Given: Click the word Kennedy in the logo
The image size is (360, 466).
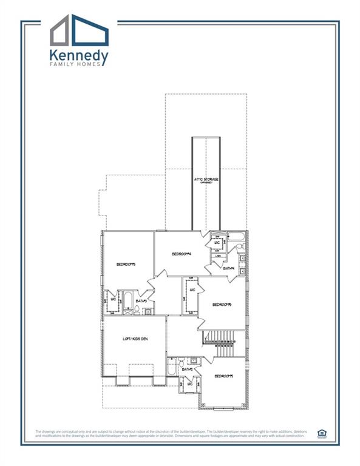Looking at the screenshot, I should [x=79, y=57].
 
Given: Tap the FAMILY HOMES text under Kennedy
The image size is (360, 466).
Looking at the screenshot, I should [x=79, y=67].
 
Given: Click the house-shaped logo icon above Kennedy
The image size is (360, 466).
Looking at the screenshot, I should [x=79, y=31].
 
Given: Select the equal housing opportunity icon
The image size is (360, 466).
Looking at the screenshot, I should [x=321, y=433].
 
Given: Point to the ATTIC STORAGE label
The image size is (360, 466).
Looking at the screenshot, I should [x=206, y=180].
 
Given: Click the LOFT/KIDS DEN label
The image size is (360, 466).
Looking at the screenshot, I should [x=135, y=339].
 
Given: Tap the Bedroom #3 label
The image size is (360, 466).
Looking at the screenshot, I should [x=126, y=264].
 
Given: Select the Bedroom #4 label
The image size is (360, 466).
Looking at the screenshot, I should [x=181, y=254].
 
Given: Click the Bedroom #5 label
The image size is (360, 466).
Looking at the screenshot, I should [x=223, y=305].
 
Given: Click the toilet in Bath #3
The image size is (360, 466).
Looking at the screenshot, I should [x=137, y=310].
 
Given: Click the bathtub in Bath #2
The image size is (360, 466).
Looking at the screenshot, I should [x=172, y=367].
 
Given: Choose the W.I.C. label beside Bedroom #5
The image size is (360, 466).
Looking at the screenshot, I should [x=192, y=290].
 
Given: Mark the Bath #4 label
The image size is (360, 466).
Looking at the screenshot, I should [x=229, y=268].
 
